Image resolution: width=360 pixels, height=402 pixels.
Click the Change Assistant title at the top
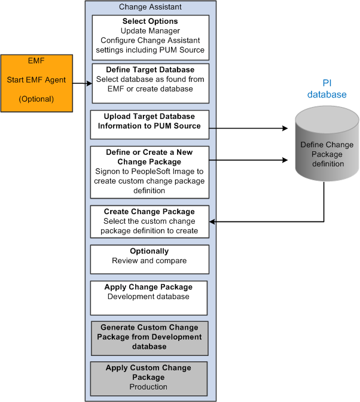(x=150, y=7)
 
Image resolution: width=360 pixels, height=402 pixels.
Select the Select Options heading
(x=150, y=22)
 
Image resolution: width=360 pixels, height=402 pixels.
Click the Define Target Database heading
(x=150, y=70)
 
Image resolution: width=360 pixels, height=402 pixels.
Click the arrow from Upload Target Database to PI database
(x=251, y=127)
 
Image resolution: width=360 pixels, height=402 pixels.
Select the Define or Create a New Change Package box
(x=150, y=171)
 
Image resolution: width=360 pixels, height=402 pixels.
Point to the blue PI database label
(x=327, y=89)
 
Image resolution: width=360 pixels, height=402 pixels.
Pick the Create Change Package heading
(x=150, y=212)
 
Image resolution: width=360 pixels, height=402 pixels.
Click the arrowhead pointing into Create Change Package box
(x=213, y=222)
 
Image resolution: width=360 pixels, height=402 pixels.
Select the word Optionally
(x=150, y=251)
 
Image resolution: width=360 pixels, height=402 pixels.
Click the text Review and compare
(x=150, y=261)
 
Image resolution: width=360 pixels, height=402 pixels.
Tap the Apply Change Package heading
(x=148, y=287)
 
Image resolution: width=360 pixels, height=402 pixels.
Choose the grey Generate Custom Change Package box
(x=149, y=337)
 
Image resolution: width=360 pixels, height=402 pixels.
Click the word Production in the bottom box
(x=148, y=387)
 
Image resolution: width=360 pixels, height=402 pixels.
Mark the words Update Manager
(x=150, y=31)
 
